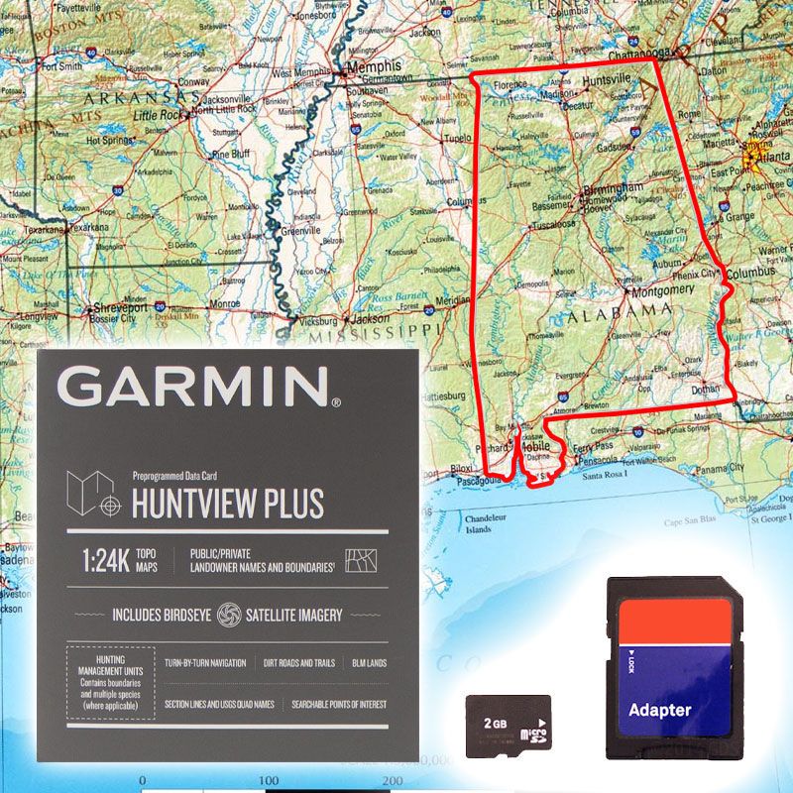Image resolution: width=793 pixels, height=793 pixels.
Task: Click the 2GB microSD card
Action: pos(509,727)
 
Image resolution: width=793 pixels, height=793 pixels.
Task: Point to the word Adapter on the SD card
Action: pos(659,709)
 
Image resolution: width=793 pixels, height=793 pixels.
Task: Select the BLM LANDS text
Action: pos(370,662)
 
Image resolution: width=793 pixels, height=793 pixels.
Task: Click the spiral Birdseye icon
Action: pos(229,615)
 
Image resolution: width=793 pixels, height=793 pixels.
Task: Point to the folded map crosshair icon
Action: pos(94,495)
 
